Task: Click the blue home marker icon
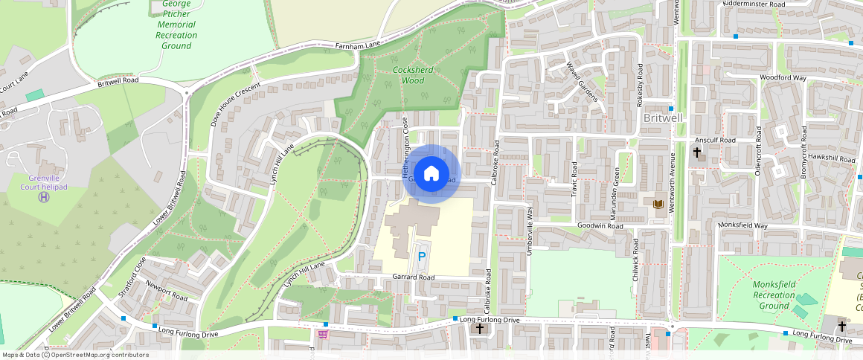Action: tap(431, 174)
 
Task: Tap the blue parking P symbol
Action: tap(421, 257)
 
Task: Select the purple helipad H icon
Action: tap(45, 197)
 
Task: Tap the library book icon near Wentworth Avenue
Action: tap(658, 204)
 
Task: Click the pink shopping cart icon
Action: tap(323, 334)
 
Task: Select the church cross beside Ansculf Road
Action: tap(697, 152)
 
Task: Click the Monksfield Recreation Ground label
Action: tap(774, 295)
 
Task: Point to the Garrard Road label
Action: tap(413, 277)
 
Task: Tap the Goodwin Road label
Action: tap(600, 225)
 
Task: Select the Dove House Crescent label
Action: tap(234, 104)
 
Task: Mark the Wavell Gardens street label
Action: tap(582, 81)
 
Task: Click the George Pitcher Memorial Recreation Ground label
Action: tap(176, 25)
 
